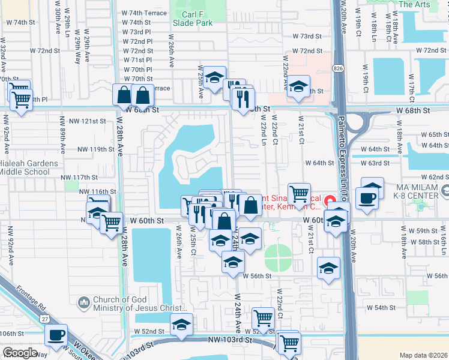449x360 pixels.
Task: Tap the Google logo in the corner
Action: point(20,353)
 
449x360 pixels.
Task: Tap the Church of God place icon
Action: point(83,301)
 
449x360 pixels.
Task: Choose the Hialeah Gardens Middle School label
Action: point(29,167)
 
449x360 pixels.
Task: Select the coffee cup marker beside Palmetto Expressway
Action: point(367,197)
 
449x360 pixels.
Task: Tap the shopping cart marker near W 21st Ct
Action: point(298,193)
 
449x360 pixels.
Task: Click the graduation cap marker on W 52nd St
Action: point(181,324)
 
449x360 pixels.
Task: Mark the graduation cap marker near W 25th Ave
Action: point(214,77)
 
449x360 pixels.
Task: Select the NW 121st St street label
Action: point(82,121)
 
